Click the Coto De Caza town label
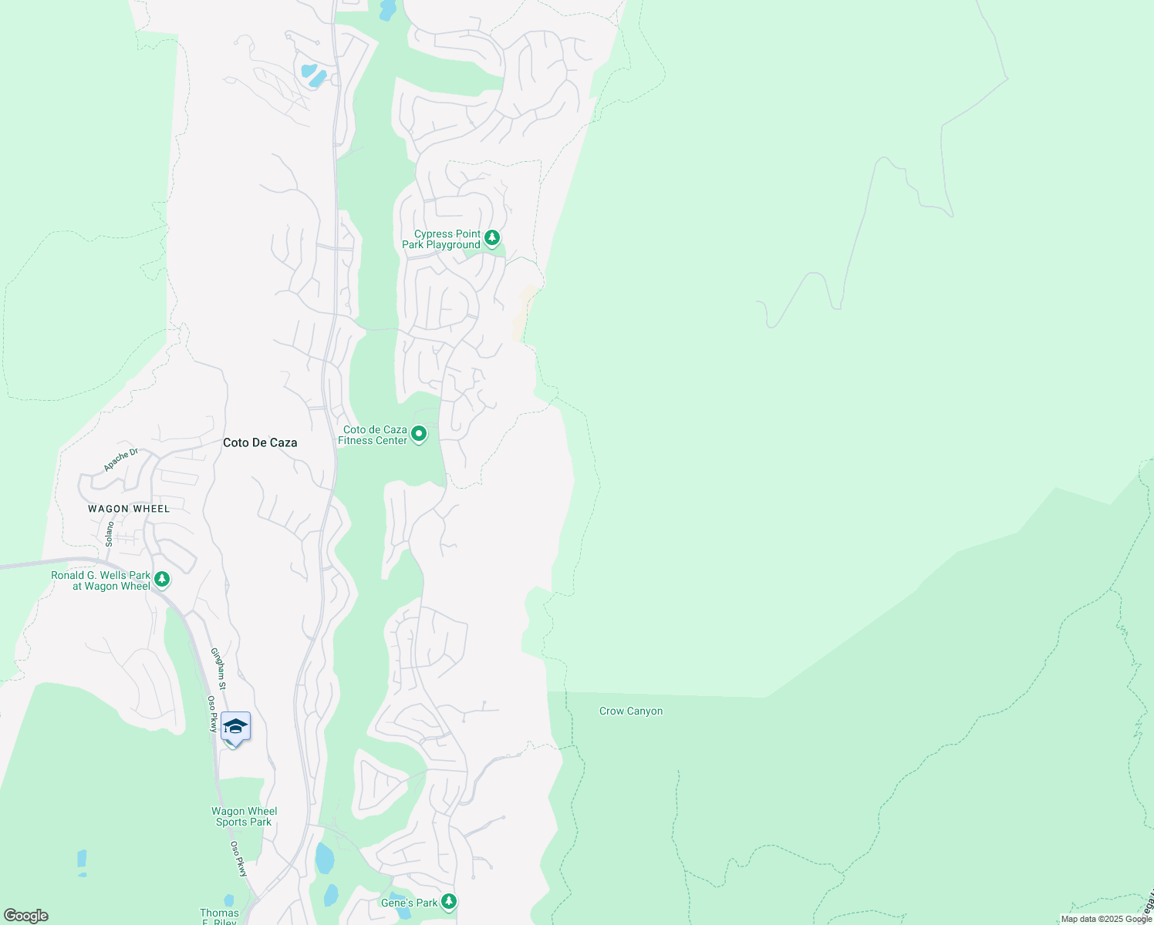[260, 442]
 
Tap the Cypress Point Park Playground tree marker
[492, 238]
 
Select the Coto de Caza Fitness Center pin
[419, 434]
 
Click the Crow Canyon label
[631, 711]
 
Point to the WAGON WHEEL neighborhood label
[129, 509]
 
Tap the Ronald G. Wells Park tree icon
[162, 579]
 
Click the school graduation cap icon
[235, 727]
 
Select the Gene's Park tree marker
[448, 901]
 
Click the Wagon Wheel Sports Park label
[245, 816]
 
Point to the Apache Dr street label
[121, 459]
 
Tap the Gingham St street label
[218, 668]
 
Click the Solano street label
[110, 534]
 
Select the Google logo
[25, 916]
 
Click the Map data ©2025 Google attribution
[1106, 919]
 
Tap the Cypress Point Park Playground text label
[441, 240]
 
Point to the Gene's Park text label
[410, 903]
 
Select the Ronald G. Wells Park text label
[101, 580]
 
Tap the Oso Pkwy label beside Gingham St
[212, 714]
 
